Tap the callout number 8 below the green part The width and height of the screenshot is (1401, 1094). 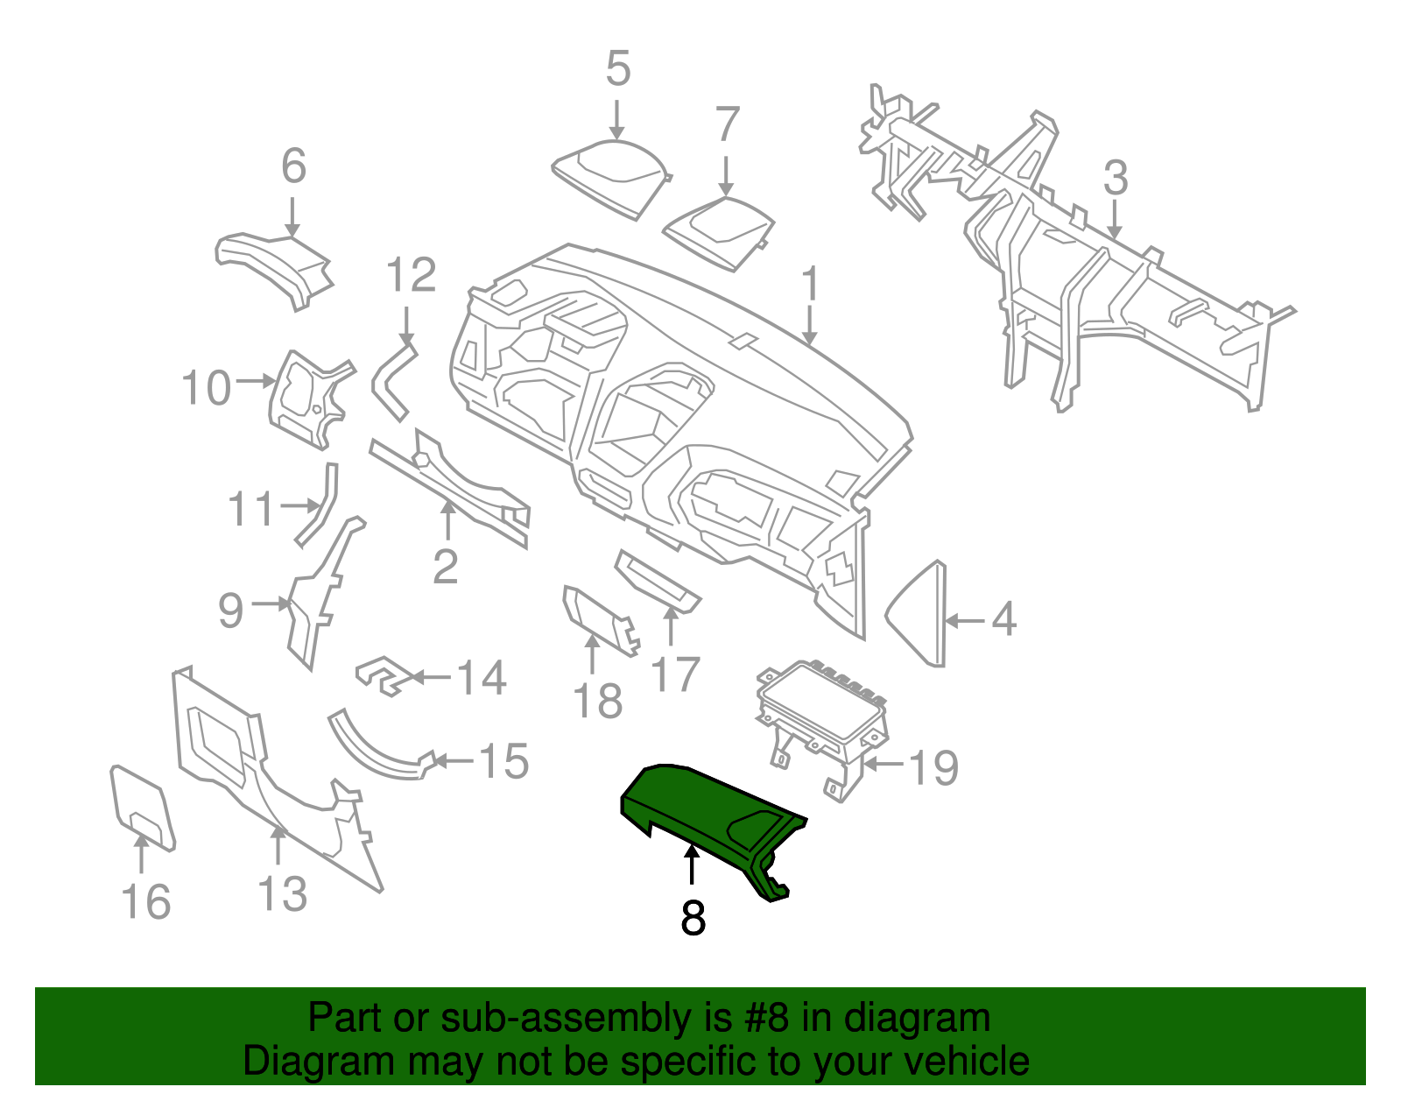[x=693, y=918]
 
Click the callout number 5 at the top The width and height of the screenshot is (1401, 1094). [x=617, y=69]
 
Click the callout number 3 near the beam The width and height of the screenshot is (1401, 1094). [x=1115, y=178]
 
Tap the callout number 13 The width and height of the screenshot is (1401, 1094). [x=282, y=894]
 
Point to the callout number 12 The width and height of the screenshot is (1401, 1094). [x=411, y=276]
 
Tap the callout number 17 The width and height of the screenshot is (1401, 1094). [x=675, y=674]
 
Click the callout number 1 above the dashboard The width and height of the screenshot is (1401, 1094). [x=811, y=284]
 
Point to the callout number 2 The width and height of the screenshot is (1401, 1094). [x=445, y=567]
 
